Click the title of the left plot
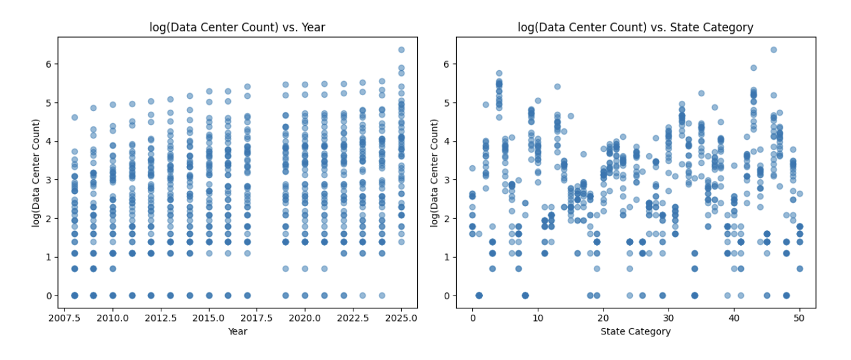coord(237,27)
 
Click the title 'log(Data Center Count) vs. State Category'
coord(635,27)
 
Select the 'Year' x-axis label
coord(237,331)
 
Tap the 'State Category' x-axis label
coord(635,331)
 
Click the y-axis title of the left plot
coord(36,172)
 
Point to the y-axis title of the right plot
coord(434,172)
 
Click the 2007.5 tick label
coord(64,318)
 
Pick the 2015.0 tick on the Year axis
coord(209,318)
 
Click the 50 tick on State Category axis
coord(799,318)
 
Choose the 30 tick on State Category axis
coord(669,318)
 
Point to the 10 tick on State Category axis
coord(538,318)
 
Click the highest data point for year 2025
coord(401,49)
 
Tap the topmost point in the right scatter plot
coord(773,49)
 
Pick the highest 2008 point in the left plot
coord(74,117)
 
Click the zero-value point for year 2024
coord(382,296)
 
